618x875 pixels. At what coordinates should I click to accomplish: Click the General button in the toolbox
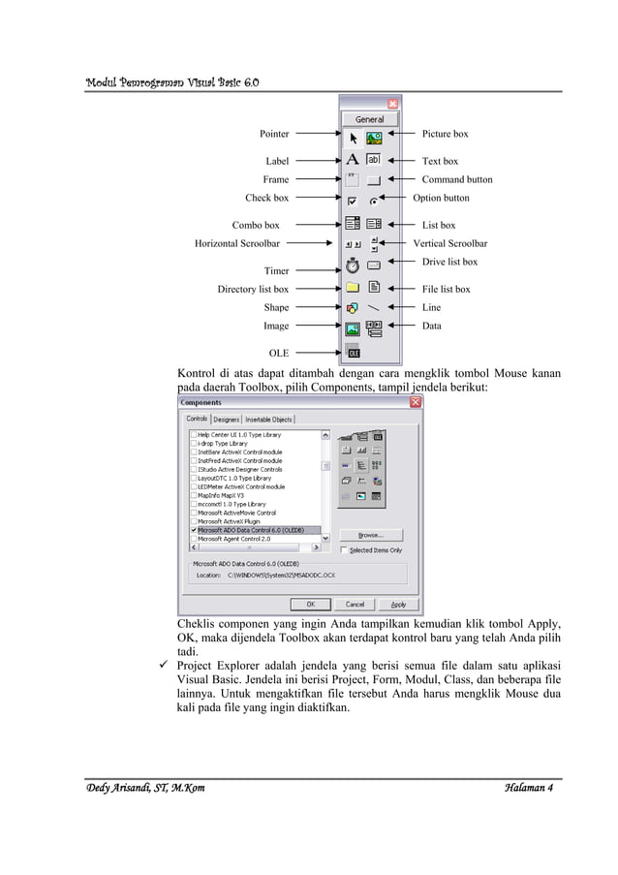coord(369,119)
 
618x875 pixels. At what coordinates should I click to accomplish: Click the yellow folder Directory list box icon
coord(353,288)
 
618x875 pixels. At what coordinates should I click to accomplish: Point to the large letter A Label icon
coord(353,160)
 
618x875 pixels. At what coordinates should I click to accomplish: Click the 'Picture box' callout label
coord(445,134)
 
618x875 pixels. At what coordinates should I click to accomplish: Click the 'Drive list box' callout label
coord(449,262)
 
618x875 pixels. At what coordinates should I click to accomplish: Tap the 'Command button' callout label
coord(456,179)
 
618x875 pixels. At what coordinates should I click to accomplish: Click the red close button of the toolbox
coord(392,102)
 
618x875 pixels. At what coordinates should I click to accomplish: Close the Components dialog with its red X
coord(416,402)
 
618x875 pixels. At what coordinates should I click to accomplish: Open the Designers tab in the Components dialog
coord(227,420)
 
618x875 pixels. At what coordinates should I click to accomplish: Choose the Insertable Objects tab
coord(268,420)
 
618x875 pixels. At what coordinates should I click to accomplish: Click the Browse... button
coord(370,534)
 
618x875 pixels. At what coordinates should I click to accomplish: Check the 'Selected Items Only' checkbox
coord(344,550)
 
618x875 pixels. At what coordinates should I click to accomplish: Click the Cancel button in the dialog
coord(355,604)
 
